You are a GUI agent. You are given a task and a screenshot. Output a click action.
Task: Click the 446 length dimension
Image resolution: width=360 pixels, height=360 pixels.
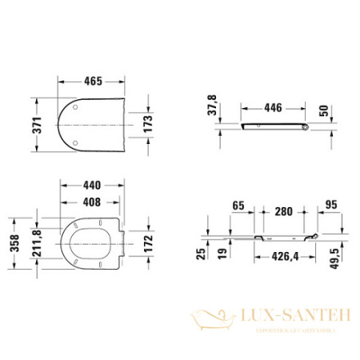(x=274, y=106)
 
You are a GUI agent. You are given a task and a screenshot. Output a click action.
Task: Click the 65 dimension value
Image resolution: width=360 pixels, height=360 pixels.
(x=238, y=206)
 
